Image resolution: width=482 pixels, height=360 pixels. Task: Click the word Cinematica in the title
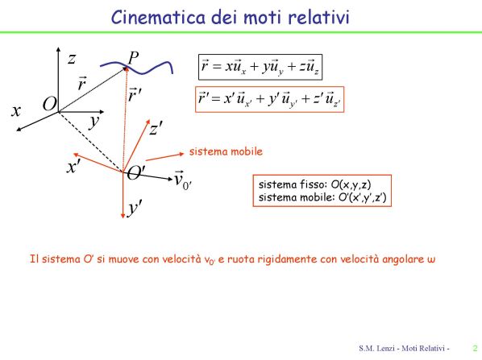[x=158, y=17]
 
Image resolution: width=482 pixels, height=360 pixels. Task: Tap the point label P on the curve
[x=134, y=57]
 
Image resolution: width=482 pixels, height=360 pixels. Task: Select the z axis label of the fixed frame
[x=72, y=58]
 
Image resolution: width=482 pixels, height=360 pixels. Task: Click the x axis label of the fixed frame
[x=16, y=110]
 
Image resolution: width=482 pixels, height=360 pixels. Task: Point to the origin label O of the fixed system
[x=50, y=104]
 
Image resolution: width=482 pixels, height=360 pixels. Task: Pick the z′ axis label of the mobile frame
[x=156, y=129]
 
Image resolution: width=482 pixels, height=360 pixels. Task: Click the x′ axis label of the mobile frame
[x=74, y=167]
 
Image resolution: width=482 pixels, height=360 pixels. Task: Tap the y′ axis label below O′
[x=135, y=208]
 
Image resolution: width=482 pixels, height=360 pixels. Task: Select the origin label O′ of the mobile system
[x=135, y=172]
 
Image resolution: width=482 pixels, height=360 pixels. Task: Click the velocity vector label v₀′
[x=183, y=180]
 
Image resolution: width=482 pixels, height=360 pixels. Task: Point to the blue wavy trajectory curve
[x=136, y=68]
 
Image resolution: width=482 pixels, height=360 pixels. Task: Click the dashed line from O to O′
[x=91, y=142]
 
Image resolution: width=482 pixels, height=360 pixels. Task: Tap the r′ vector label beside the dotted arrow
[x=135, y=94]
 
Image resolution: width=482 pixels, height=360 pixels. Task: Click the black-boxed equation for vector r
[x=260, y=67]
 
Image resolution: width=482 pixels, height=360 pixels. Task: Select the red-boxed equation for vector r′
[x=269, y=99]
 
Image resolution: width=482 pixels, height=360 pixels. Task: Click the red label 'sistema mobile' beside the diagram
[x=226, y=151]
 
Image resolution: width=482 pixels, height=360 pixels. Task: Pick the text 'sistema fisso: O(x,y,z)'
[x=315, y=184]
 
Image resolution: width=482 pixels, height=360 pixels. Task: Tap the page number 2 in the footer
[x=475, y=348]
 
